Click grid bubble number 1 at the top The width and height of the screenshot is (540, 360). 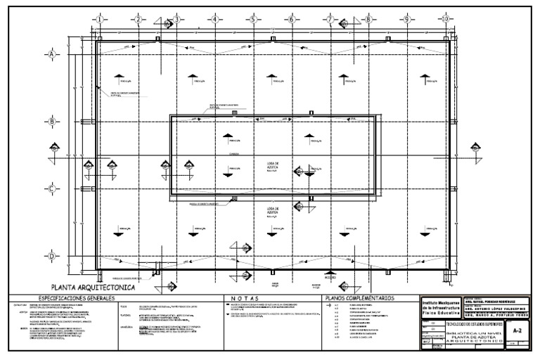(100, 19)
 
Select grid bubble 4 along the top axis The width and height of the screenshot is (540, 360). (215, 19)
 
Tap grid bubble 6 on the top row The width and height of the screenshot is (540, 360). (290, 19)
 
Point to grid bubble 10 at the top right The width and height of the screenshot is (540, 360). (445, 19)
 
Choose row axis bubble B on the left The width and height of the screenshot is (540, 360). (51, 122)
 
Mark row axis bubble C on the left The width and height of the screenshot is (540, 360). (51, 188)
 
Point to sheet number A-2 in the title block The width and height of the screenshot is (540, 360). (517, 328)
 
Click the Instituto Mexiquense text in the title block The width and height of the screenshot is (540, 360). (440, 300)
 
